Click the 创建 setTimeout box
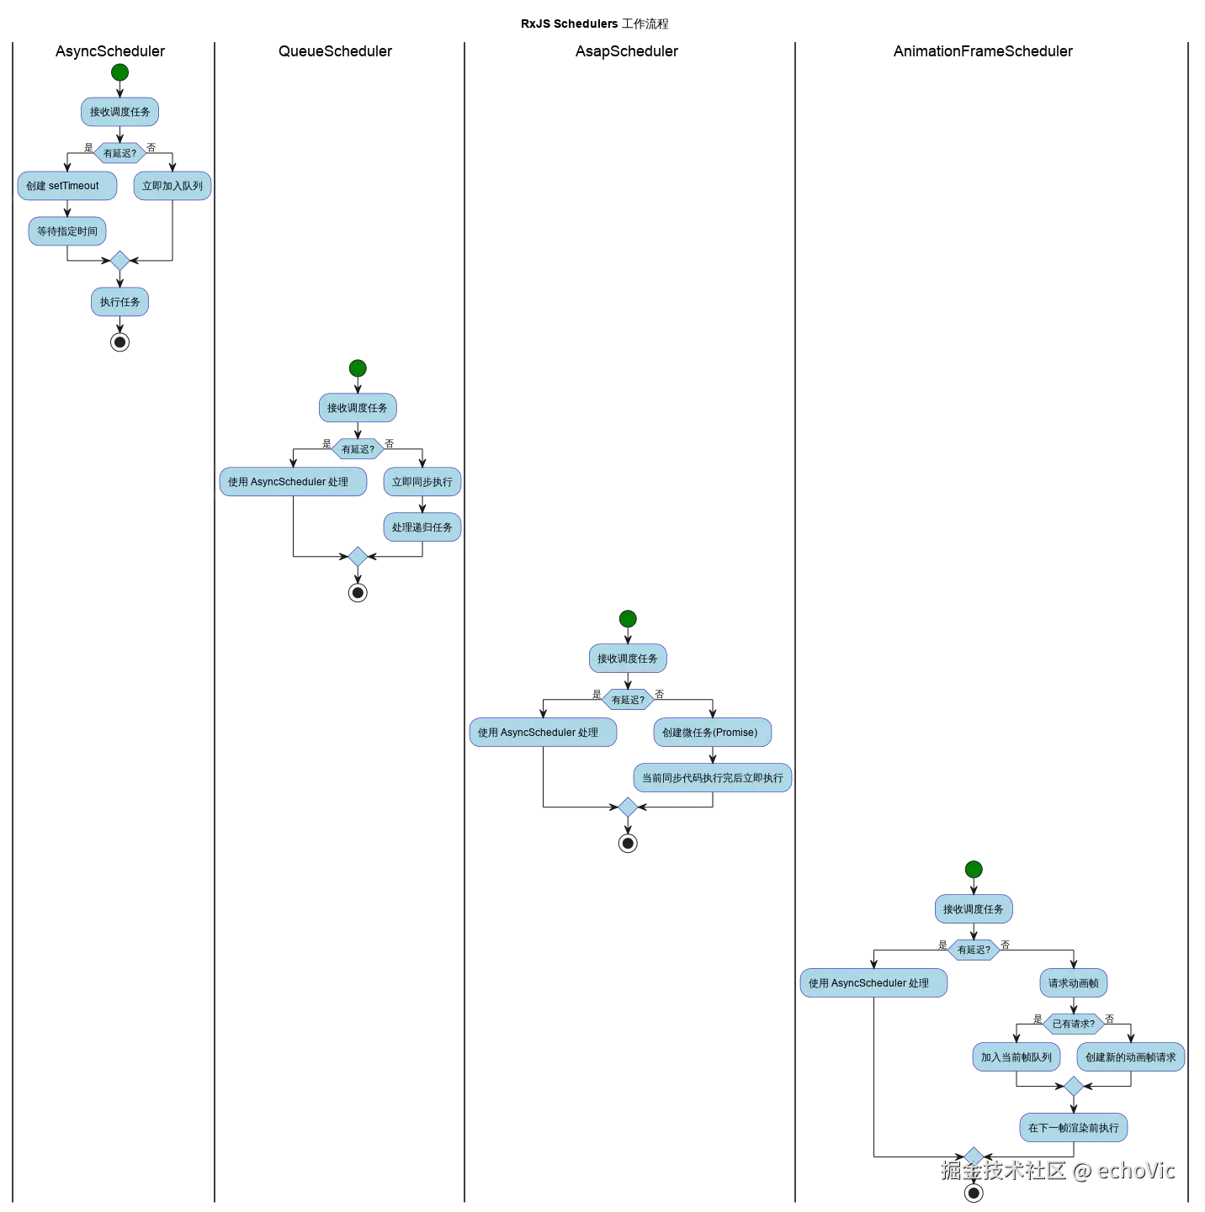click(66, 186)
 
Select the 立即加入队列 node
click(173, 186)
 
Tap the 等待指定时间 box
click(67, 231)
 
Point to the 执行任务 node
click(119, 302)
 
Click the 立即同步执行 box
click(422, 482)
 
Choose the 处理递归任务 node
click(422, 527)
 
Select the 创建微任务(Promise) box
click(712, 733)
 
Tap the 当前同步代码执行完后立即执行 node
click(713, 778)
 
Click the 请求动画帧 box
click(1074, 983)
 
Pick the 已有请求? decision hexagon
click(1074, 1024)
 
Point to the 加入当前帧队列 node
click(1016, 1057)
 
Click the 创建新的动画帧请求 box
click(1131, 1057)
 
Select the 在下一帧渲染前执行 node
click(1074, 1128)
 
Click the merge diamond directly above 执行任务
click(119, 262)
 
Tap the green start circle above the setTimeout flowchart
click(119, 72)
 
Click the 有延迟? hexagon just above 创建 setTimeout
click(119, 153)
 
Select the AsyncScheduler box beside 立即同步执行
click(293, 482)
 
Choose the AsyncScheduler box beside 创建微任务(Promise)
click(543, 733)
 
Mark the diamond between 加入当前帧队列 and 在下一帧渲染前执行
click(1074, 1087)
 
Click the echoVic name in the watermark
click(1135, 1169)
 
